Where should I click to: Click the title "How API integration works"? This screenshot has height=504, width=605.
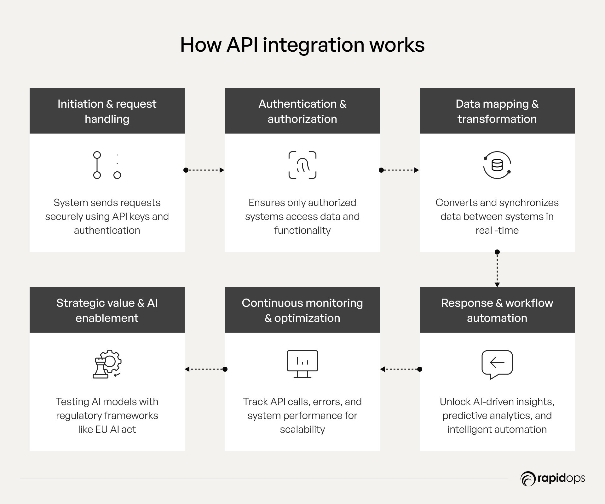coord(302,45)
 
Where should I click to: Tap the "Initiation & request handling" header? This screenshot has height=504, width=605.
coord(107,111)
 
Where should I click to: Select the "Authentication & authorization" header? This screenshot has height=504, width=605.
coord(302,111)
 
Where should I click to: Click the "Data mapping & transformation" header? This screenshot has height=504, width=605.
coord(497,111)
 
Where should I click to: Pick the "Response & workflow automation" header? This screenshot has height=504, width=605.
coord(497,310)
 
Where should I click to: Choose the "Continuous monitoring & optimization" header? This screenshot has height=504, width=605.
coord(302,310)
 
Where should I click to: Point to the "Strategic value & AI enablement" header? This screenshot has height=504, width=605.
coord(107,310)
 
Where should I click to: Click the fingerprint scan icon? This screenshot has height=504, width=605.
coord(302,165)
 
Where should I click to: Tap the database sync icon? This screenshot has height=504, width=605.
coord(497,165)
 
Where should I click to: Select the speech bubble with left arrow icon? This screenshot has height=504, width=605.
coord(497,364)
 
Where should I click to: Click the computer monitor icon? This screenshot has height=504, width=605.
coord(302,364)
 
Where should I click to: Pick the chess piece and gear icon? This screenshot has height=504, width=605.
coord(107,364)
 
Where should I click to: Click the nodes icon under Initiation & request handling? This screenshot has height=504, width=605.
coord(107,165)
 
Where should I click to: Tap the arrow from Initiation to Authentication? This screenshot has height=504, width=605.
coord(204,170)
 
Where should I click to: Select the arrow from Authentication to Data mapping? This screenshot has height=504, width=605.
coord(399,170)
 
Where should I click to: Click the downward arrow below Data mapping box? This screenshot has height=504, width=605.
coord(497,269)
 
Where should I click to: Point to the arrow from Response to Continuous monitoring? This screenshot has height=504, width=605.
coord(400,369)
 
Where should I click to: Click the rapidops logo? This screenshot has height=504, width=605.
coord(553,478)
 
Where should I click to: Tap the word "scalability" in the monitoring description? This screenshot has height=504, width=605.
coord(302,429)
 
